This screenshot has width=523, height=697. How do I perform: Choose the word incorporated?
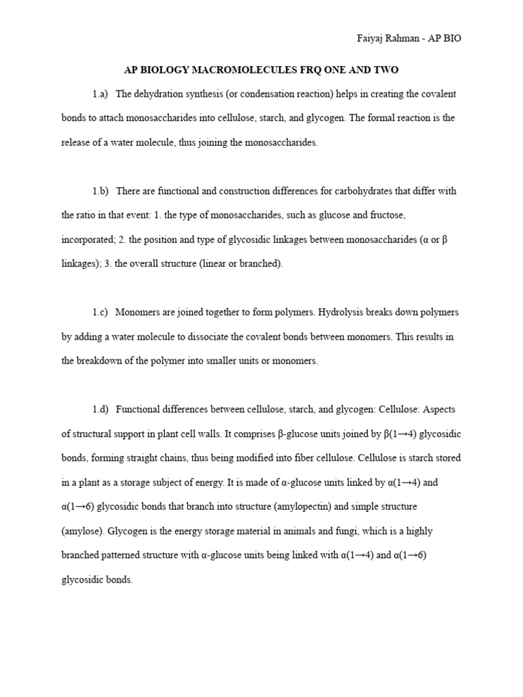coord(87,240)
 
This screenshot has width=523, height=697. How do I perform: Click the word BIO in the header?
coord(450,39)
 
